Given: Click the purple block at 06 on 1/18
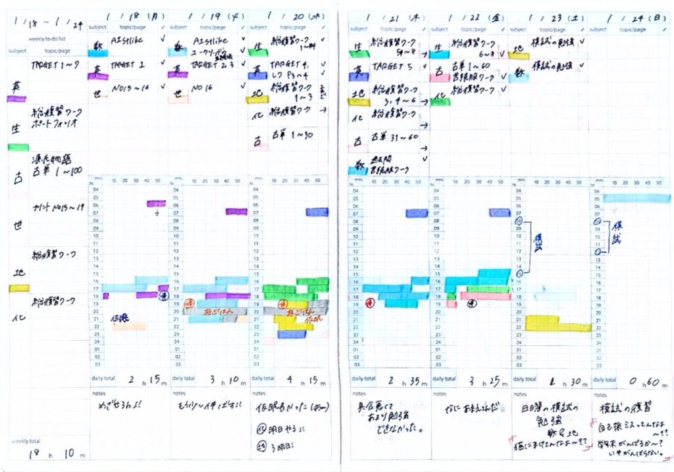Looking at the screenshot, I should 156,204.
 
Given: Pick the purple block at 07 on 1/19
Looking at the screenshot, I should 236,212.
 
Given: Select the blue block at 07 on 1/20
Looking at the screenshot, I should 317,212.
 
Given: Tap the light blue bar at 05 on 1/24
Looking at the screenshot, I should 636,198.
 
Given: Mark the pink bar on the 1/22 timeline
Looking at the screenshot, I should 484,296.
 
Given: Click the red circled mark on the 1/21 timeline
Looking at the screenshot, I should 369,303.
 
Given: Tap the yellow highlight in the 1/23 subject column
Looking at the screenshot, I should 519,56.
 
